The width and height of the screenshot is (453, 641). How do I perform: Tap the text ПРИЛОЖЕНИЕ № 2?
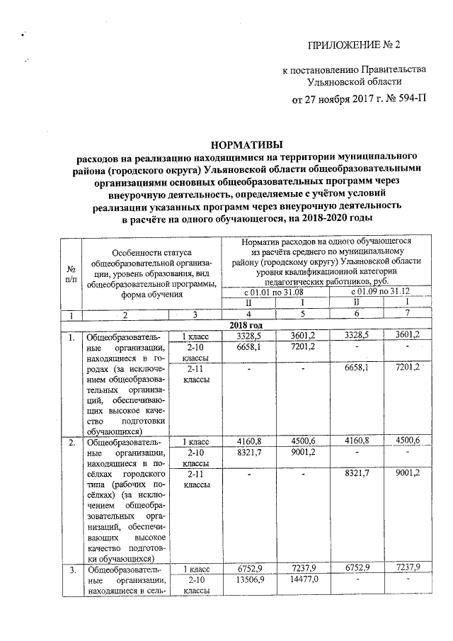(x=353, y=45)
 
